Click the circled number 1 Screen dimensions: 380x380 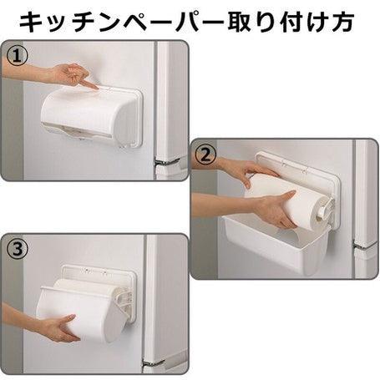pos(18,55)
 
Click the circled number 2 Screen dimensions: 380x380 pos(205,155)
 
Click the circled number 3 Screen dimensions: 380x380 pos(18,249)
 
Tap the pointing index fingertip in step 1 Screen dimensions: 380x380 pos(96,88)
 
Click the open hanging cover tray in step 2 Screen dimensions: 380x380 pos(277,250)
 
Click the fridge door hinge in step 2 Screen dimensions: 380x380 pos(366,246)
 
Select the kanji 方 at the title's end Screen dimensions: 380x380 pos(342,22)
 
